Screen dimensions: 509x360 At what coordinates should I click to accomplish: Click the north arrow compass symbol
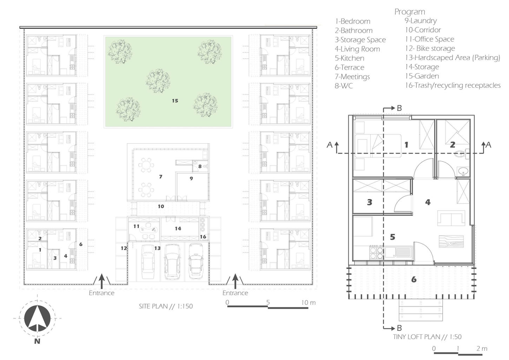pyautogui.click(x=37, y=318)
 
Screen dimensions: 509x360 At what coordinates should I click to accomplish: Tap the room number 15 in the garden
pyautogui.click(x=175, y=101)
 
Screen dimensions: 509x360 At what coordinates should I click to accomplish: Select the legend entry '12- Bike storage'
pyautogui.click(x=430, y=48)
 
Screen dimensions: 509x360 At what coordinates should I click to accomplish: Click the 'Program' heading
pyautogui.click(x=410, y=12)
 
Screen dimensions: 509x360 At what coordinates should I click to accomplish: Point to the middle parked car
pyautogui.click(x=172, y=261)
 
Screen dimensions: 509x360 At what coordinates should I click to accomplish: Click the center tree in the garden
pyautogui.click(x=158, y=81)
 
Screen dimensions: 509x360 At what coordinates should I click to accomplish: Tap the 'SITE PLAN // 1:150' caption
pyautogui.click(x=166, y=306)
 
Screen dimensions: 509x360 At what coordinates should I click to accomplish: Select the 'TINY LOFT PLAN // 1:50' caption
pyautogui.click(x=427, y=336)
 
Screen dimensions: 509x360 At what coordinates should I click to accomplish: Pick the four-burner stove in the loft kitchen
pyautogui.click(x=377, y=253)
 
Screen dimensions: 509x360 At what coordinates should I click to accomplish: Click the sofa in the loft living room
pyautogui.click(x=451, y=218)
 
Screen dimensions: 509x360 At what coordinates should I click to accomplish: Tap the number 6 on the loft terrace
pyautogui.click(x=414, y=280)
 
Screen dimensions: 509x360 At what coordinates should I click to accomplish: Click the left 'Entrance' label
pyautogui.click(x=101, y=293)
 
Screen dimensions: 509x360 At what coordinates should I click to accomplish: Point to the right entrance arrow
pyautogui.click(x=235, y=281)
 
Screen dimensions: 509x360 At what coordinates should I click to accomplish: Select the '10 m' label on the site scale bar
pyautogui.click(x=308, y=302)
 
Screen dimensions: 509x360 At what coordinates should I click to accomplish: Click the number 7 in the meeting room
pyautogui.click(x=161, y=176)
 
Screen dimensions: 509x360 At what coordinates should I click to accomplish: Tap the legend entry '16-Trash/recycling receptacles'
pyautogui.click(x=453, y=85)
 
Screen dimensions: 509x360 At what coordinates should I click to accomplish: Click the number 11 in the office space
pyautogui.click(x=136, y=226)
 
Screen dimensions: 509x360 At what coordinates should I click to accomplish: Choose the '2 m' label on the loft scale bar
pyautogui.click(x=482, y=348)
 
